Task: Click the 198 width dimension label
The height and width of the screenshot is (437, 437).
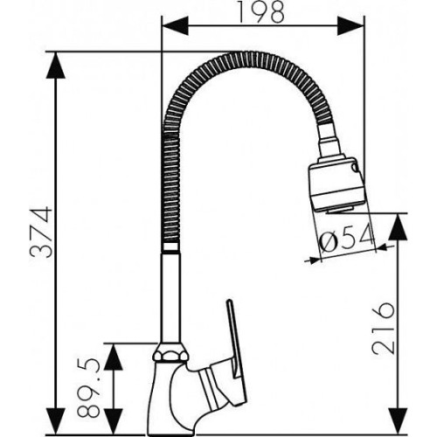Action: click(x=260, y=12)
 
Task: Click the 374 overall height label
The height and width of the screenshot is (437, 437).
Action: click(x=41, y=232)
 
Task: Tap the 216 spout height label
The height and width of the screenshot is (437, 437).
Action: click(x=384, y=328)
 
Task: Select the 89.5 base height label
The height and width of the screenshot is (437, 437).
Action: click(x=89, y=389)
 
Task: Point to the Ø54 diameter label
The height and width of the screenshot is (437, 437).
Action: click(x=347, y=238)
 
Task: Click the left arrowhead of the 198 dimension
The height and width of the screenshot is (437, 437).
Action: click(x=175, y=26)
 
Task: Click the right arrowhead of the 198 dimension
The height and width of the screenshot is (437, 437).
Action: click(x=350, y=26)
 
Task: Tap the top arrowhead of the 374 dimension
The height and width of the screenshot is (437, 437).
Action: click(x=55, y=66)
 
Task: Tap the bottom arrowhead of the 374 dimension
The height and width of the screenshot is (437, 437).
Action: click(x=55, y=422)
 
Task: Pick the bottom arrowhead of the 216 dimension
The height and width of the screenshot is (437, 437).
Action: click(x=398, y=422)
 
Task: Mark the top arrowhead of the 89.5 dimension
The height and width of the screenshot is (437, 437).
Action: click(x=113, y=357)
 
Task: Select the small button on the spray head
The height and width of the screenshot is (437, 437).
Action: click(x=356, y=167)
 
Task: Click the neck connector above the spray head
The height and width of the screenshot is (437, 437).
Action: click(x=329, y=142)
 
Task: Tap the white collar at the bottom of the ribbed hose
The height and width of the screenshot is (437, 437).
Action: click(x=170, y=247)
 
